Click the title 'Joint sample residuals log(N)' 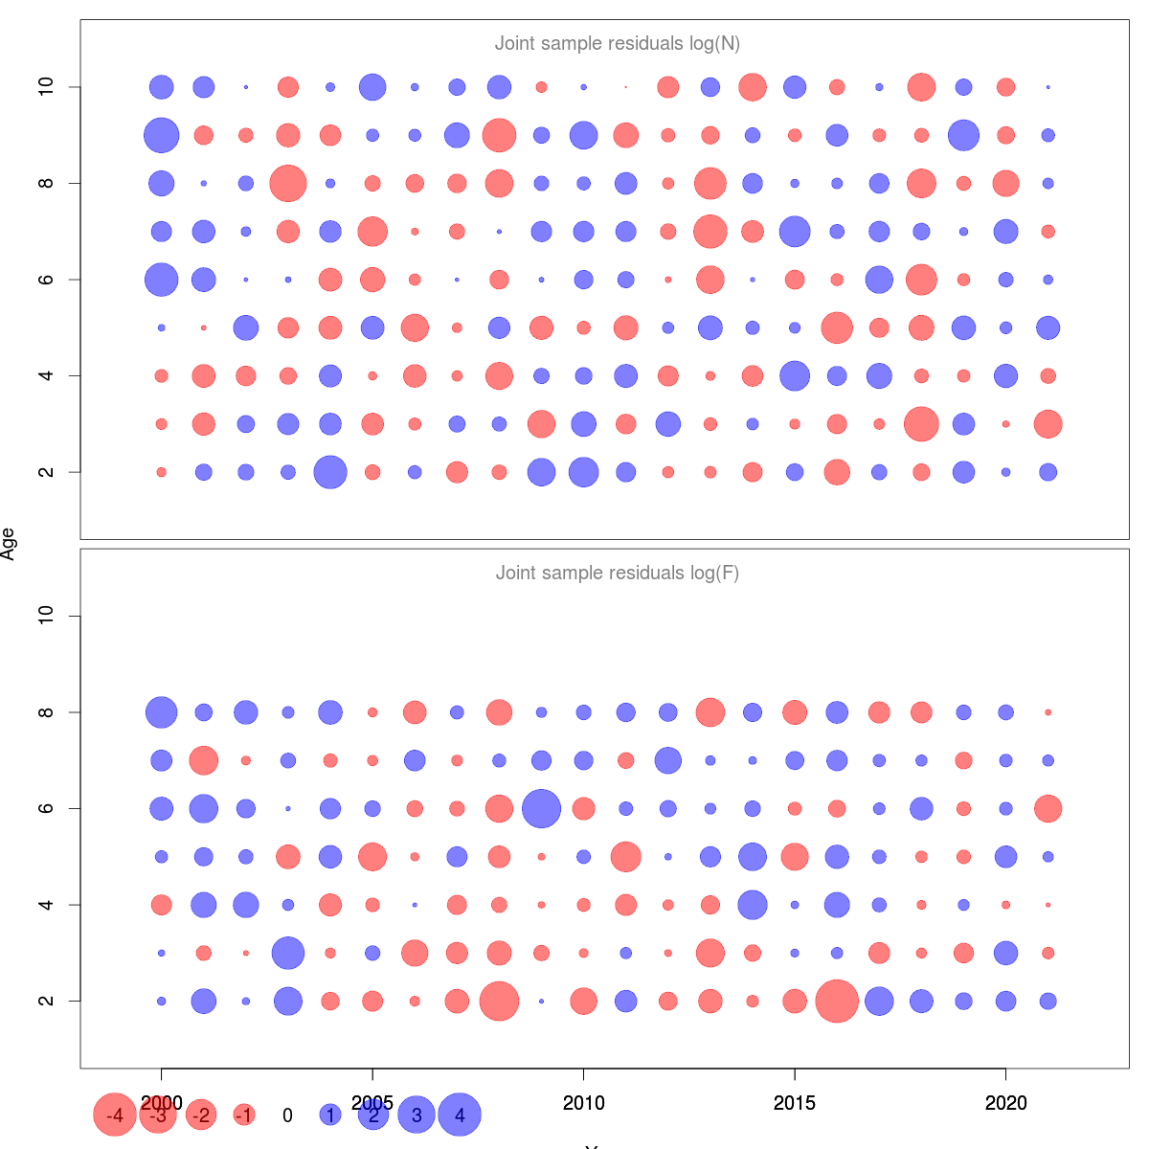tap(618, 43)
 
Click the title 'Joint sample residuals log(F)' tap(618, 573)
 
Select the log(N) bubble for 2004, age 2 tap(330, 472)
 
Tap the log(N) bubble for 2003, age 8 tap(288, 183)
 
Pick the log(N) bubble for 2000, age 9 tap(162, 135)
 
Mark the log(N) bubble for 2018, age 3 tap(921, 423)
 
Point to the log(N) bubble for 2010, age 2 tap(583, 472)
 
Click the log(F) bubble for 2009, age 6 tap(541, 808)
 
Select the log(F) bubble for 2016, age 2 tap(837, 1001)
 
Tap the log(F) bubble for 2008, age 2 tap(499, 1001)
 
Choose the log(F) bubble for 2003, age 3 tap(288, 953)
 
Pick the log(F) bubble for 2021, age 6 tap(1048, 808)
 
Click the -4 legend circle tap(115, 1115)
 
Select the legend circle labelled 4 tap(460, 1115)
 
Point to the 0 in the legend tap(287, 1115)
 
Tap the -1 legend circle tap(244, 1115)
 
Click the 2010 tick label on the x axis tap(583, 1103)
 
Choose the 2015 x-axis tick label tap(795, 1103)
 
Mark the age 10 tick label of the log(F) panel tap(46, 616)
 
